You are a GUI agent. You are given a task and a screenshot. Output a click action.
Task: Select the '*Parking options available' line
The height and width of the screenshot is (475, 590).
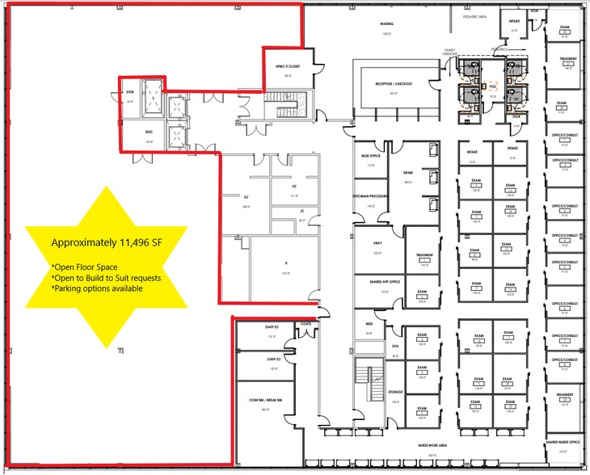point(97,288)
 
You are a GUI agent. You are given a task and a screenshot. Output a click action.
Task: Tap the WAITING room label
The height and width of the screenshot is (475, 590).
point(386,24)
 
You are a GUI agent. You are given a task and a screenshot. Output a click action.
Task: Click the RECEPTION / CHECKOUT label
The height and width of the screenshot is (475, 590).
point(394,83)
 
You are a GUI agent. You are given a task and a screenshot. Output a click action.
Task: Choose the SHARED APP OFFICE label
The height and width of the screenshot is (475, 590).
point(384,281)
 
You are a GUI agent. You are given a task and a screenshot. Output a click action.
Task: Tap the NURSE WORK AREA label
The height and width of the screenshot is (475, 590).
point(432,445)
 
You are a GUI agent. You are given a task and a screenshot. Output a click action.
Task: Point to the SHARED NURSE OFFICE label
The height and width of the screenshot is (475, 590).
point(563,442)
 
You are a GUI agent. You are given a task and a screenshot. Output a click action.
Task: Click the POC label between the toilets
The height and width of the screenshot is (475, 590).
point(492,86)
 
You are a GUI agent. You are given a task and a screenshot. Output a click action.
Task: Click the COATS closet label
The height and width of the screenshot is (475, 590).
point(306,324)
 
